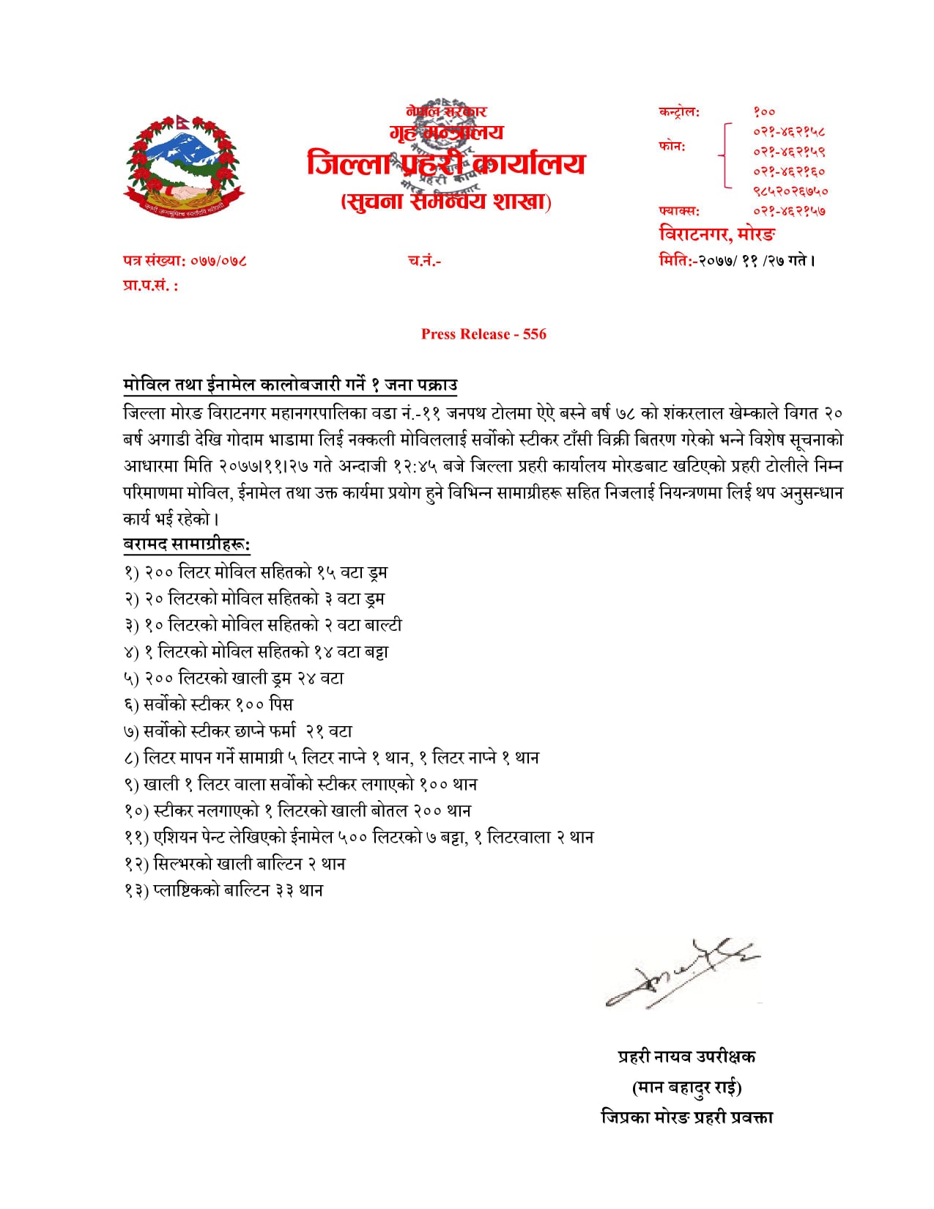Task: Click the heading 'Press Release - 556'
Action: pyautogui.click(x=483, y=334)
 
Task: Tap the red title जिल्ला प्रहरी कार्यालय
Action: pyautogui.click(x=446, y=163)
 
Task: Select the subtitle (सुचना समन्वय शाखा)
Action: pyautogui.click(x=446, y=201)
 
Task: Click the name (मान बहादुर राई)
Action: pyautogui.click(x=686, y=1087)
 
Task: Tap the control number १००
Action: pyautogui.click(x=764, y=112)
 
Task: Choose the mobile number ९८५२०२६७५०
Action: pyautogui.click(x=790, y=191)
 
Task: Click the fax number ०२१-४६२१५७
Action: pyautogui.click(x=789, y=211)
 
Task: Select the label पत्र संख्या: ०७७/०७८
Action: pyautogui.click(x=185, y=260)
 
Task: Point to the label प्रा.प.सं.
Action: pyautogui.click(x=150, y=286)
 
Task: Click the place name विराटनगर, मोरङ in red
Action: pyautogui.click(x=717, y=234)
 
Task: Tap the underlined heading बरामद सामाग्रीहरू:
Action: pyautogui.click(x=187, y=544)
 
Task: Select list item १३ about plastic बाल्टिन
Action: pyautogui.click(x=223, y=890)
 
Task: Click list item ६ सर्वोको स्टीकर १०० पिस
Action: pyautogui.click(x=209, y=704)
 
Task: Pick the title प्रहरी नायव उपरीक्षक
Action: pyautogui.click(x=686, y=1056)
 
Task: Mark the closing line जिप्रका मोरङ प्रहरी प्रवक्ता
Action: pyautogui.click(x=686, y=1117)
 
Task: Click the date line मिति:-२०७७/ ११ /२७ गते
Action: pyautogui.click(x=736, y=260)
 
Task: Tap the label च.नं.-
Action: pyautogui.click(x=424, y=260)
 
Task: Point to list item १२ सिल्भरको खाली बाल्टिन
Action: pyautogui.click(x=234, y=864)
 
